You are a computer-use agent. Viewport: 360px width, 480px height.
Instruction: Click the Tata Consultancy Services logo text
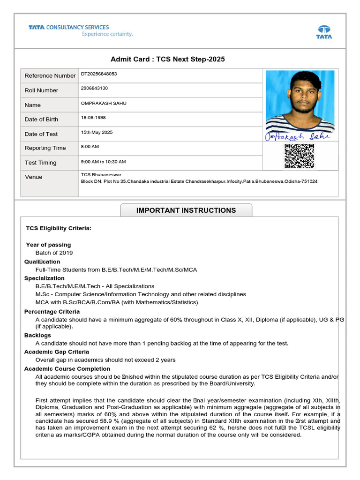coord(68,28)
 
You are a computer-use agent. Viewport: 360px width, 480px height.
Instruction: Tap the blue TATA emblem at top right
coord(324,32)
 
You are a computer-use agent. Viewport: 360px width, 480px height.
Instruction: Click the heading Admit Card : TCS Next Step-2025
coord(167,59)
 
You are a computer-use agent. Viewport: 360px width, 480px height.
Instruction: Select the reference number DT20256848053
coord(99,74)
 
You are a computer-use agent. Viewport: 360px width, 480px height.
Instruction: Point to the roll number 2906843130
coord(94,89)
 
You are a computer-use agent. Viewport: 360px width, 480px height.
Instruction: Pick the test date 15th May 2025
coord(97,133)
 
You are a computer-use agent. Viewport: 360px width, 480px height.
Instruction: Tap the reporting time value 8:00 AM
coord(90,147)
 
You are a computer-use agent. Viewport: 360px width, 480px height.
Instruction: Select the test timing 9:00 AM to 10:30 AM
coord(103,162)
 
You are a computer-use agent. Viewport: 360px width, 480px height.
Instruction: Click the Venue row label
coord(33,177)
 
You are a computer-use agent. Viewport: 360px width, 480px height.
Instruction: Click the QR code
coord(299,156)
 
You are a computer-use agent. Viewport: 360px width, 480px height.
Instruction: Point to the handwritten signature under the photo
coord(298,135)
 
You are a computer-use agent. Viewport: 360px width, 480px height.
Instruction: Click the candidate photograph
coord(300,101)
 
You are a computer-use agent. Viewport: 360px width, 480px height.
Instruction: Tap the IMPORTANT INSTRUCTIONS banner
coord(186,210)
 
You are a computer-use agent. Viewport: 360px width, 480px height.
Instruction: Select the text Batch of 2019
coord(54,253)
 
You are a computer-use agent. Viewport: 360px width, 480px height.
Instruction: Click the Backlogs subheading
coord(37,336)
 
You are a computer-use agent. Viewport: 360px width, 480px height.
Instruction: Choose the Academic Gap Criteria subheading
coord(57,352)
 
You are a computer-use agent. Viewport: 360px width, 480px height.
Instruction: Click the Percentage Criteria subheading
coord(52,312)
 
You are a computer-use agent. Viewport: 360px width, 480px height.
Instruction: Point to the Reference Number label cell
coord(50,76)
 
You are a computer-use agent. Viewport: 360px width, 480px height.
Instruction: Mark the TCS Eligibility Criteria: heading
coord(59,228)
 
